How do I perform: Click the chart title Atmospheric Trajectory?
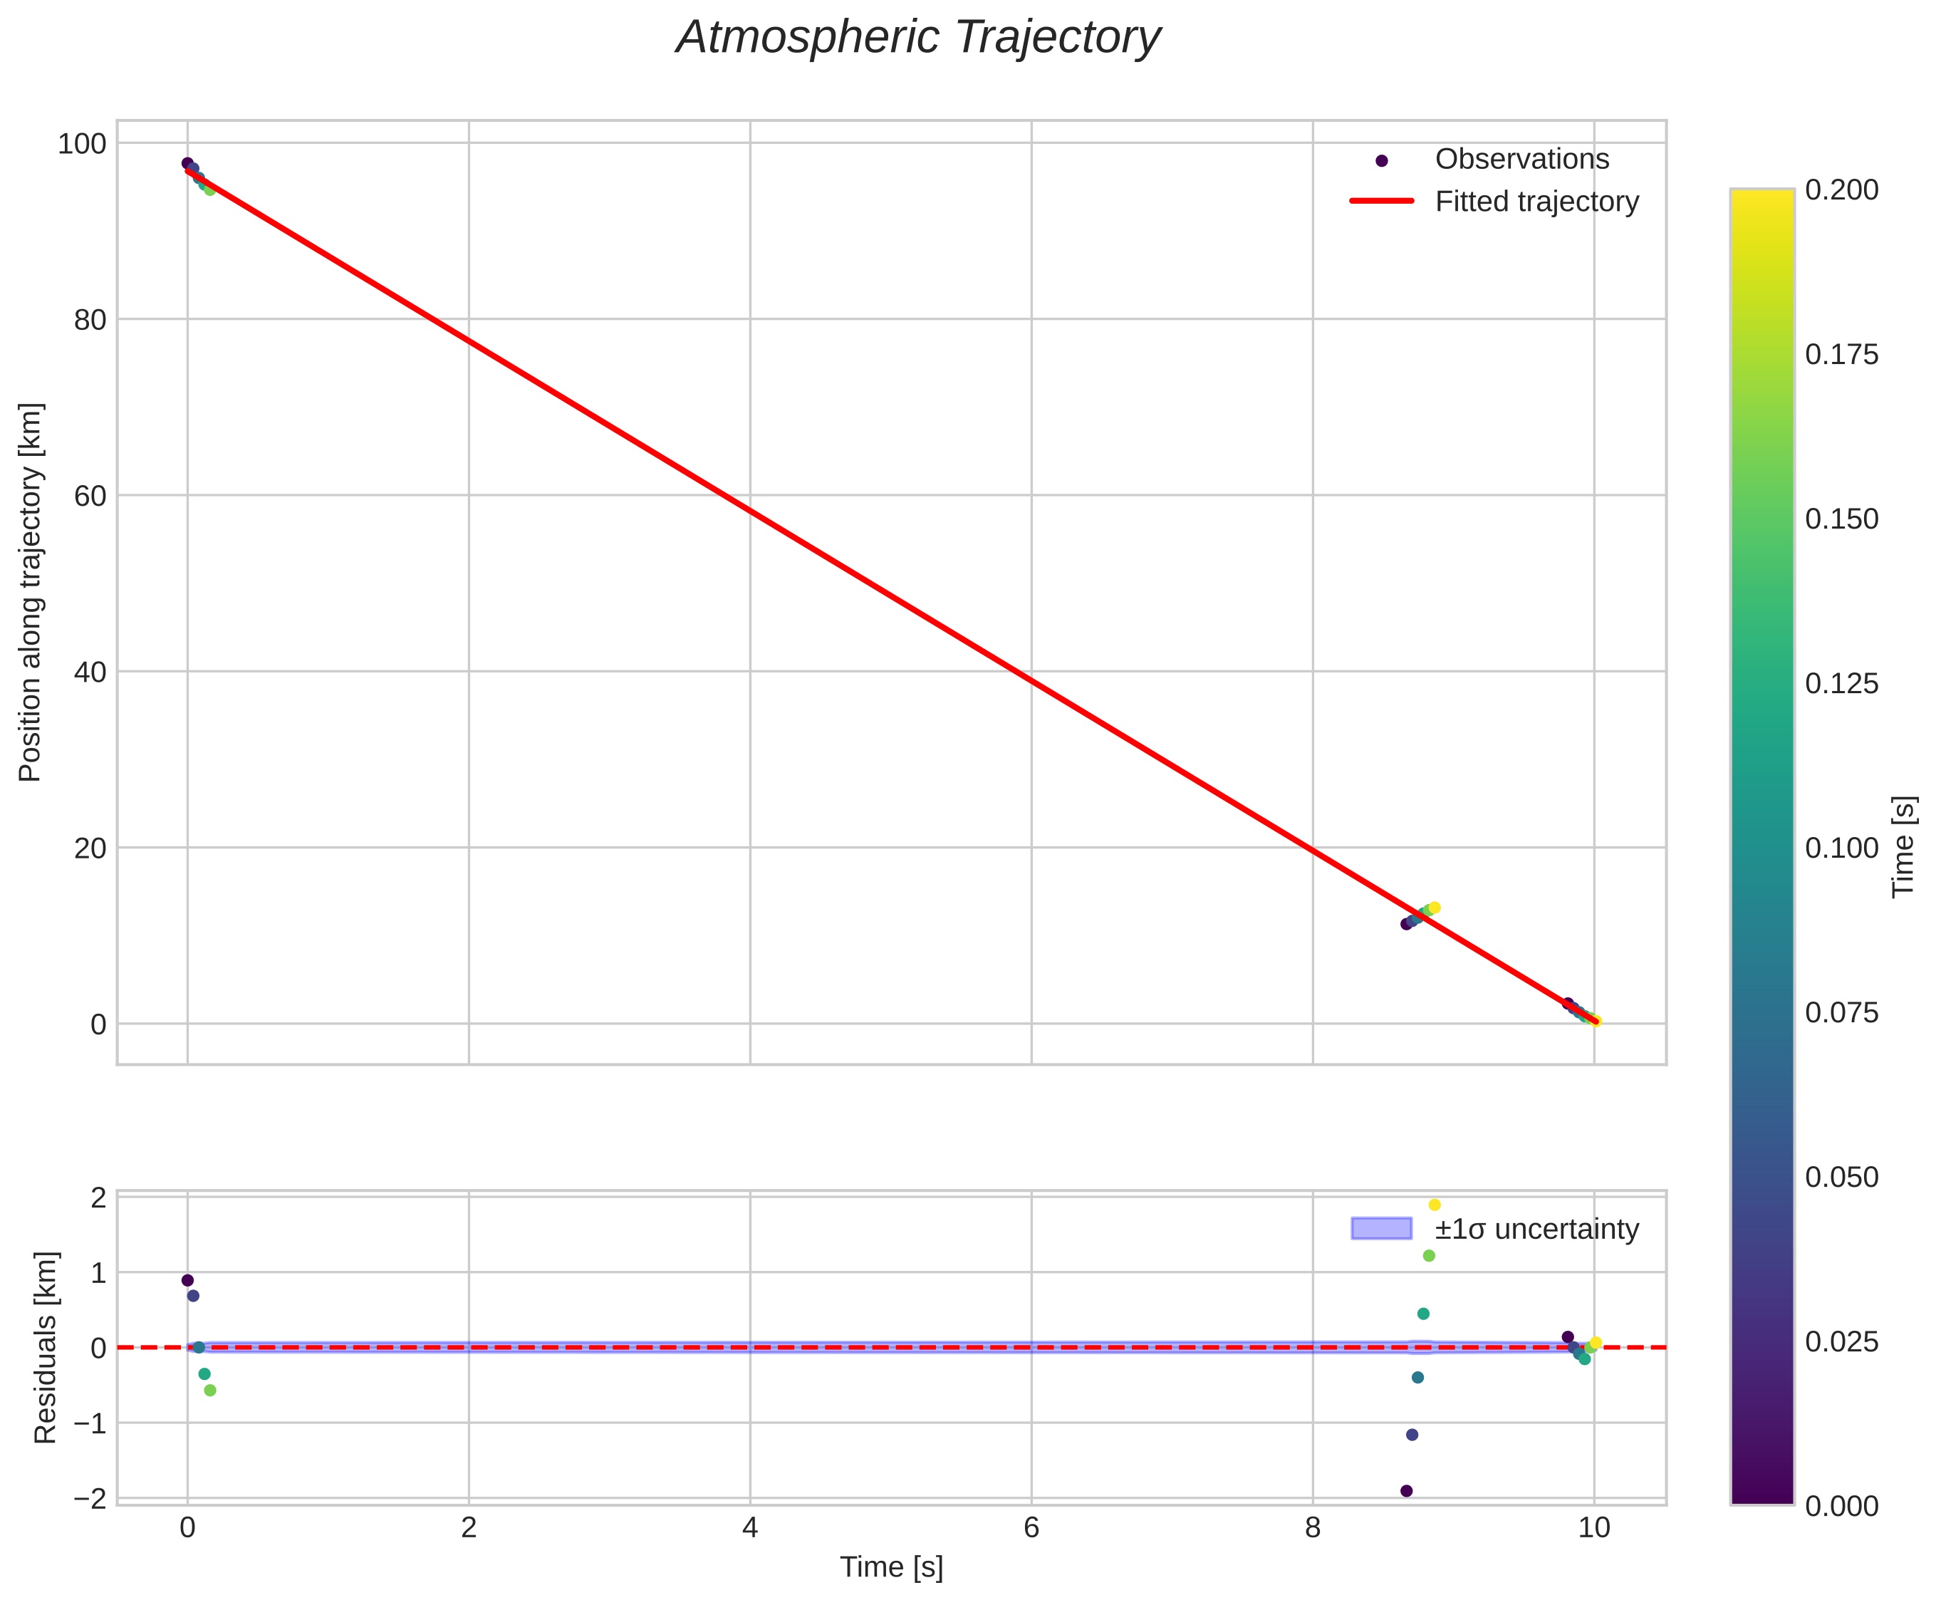[x=917, y=38]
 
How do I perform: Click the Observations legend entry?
[x=1521, y=160]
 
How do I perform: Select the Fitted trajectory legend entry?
[x=1536, y=202]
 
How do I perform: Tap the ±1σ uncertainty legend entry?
[x=1536, y=1229]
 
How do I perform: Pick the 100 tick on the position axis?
[x=82, y=144]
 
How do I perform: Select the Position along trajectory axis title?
[x=31, y=592]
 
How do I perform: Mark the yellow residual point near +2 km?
[x=1435, y=1205]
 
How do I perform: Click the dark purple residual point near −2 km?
[x=1406, y=1490]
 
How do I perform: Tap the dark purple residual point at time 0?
[x=188, y=1280]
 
